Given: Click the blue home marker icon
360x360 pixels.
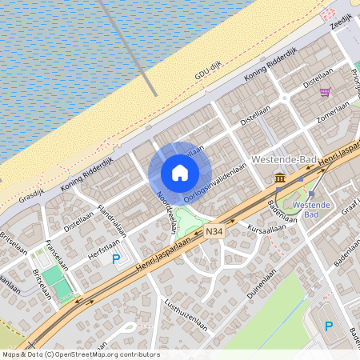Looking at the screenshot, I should (180, 172).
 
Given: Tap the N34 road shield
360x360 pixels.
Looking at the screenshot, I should (214, 232).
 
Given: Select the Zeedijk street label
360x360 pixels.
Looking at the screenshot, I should (342, 22).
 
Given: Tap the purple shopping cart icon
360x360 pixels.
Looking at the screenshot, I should (325, 92).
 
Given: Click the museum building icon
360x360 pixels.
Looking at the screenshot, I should (280, 177).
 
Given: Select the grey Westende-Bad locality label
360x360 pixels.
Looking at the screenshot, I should (284, 159).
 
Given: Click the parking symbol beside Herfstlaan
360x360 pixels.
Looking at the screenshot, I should (116, 258).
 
